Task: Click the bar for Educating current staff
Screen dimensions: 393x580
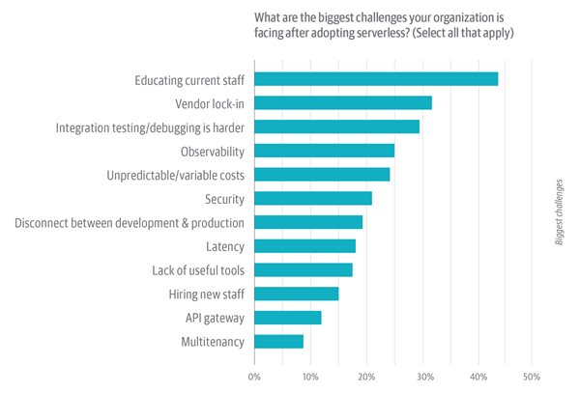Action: [376, 79]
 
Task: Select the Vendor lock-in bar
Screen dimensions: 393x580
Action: [343, 102]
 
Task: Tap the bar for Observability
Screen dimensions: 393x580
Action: [325, 151]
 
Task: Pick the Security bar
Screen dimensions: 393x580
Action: [313, 199]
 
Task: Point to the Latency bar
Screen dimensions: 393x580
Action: [305, 246]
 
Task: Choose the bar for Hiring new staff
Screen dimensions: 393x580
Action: [297, 294]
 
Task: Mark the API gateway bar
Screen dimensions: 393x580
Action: [288, 318]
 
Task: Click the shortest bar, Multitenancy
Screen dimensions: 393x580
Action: [279, 341]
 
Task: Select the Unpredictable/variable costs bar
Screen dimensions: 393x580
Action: [322, 175]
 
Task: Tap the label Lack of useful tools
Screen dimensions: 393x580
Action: [198, 270]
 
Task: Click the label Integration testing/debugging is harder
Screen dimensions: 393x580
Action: [150, 127]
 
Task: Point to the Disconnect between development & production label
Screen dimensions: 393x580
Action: [130, 223]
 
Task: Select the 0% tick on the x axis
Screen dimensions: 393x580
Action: [254, 376]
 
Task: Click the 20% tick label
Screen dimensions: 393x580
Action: [365, 376]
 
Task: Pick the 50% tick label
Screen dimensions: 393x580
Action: [532, 376]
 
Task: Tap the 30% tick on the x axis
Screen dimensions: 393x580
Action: [420, 376]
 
